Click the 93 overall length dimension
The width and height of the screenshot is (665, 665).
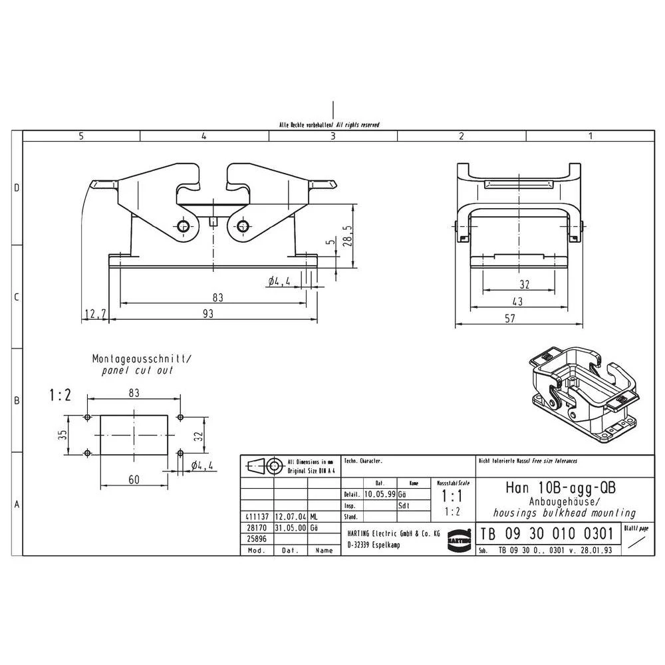(208, 314)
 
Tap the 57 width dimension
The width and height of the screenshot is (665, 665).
(509, 319)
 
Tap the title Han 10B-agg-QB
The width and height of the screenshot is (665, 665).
(561, 487)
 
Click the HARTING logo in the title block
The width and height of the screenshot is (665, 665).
(459, 537)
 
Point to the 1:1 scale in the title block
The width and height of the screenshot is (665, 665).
(453, 496)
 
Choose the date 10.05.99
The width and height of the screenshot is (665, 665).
(380, 495)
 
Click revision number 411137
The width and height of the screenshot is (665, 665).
(257, 517)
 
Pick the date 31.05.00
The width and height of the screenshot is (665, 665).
(290, 527)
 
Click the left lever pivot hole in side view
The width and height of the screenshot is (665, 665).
(184, 226)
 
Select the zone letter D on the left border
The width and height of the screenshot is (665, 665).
(17, 188)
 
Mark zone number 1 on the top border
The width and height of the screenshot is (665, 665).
(590, 136)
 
